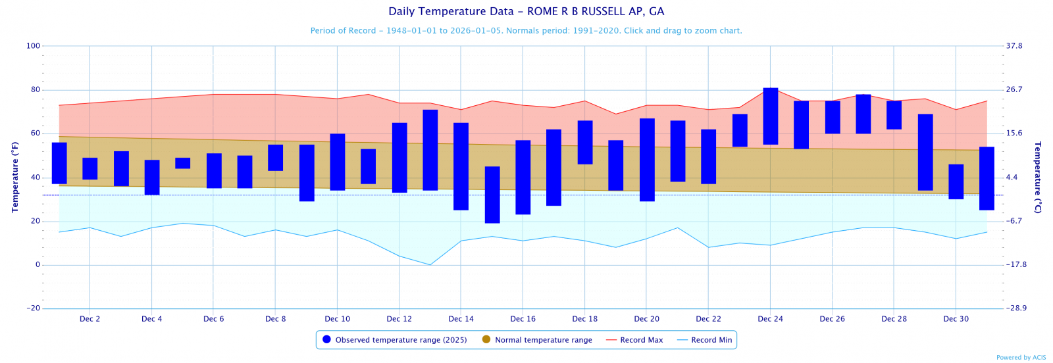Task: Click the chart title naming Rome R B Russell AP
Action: click(x=526, y=12)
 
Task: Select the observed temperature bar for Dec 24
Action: click(x=771, y=116)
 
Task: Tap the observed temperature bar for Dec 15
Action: click(x=492, y=195)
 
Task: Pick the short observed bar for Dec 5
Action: click(x=183, y=163)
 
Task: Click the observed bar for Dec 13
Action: click(x=430, y=150)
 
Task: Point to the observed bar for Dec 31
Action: click(x=987, y=178)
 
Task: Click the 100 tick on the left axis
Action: click(x=33, y=46)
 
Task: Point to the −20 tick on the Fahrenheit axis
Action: click(x=33, y=308)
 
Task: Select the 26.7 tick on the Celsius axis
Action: click(x=1014, y=90)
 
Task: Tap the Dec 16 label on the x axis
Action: click(x=523, y=319)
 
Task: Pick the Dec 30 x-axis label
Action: click(x=956, y=319)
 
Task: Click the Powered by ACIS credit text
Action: click(x=1021, y=358)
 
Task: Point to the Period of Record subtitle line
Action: click(x=526, y=31)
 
